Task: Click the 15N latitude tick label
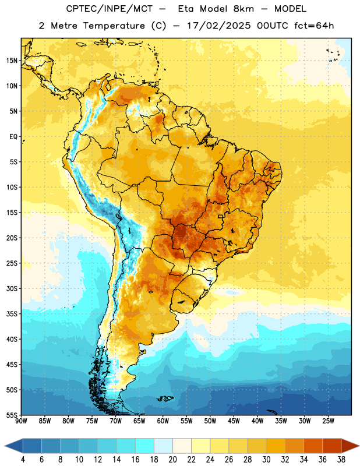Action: tap(12, 61)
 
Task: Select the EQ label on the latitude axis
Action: tap(13, 137)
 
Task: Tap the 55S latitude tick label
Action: tap(12, 415)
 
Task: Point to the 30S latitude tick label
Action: tap(12, 288)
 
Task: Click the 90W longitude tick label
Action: tap(21, 421)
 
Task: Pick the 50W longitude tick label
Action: tap(210, 421)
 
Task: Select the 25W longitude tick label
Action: tap(328, 421)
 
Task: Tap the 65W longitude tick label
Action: tap(139, 421)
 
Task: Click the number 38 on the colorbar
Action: tap(341, 460)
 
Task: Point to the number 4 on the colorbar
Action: tap(23, 460)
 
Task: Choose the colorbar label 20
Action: tap(172, 460)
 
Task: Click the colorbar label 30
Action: tap(266, 460)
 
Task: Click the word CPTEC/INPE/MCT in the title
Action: tap(109, 9)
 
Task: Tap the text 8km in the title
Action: tap(243, 9)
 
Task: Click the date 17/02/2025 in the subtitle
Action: tap(219, 26)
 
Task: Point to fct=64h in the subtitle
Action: tap(314, 26)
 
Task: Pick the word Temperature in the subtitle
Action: tap(114, 26)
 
